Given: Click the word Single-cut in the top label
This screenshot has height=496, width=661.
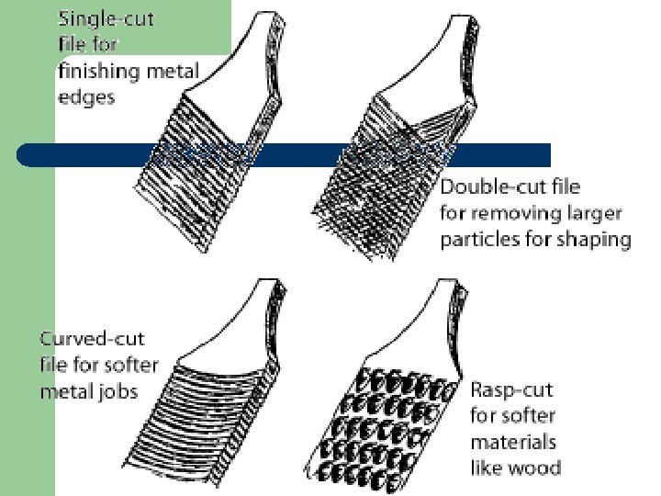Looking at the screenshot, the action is [107, 18].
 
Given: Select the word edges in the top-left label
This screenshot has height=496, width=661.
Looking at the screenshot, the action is [86, 96].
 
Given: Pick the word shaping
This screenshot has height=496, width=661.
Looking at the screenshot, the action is [598, 240].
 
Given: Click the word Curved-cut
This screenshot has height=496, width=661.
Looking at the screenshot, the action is [92, 339].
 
